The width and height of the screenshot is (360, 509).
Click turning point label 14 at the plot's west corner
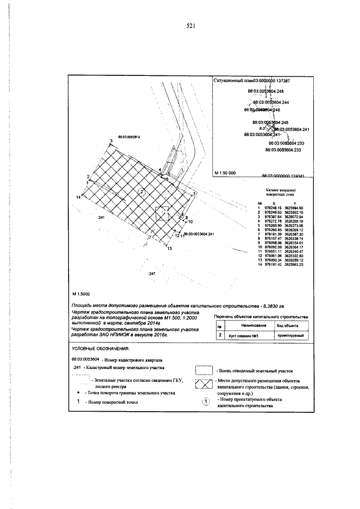79,197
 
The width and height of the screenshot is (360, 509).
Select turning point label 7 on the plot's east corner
194,193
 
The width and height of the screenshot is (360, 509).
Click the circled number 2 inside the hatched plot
143,192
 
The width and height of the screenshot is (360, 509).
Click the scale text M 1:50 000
225,173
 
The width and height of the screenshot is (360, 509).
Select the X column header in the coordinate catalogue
274,202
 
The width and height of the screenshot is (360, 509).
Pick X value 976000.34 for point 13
274,261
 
